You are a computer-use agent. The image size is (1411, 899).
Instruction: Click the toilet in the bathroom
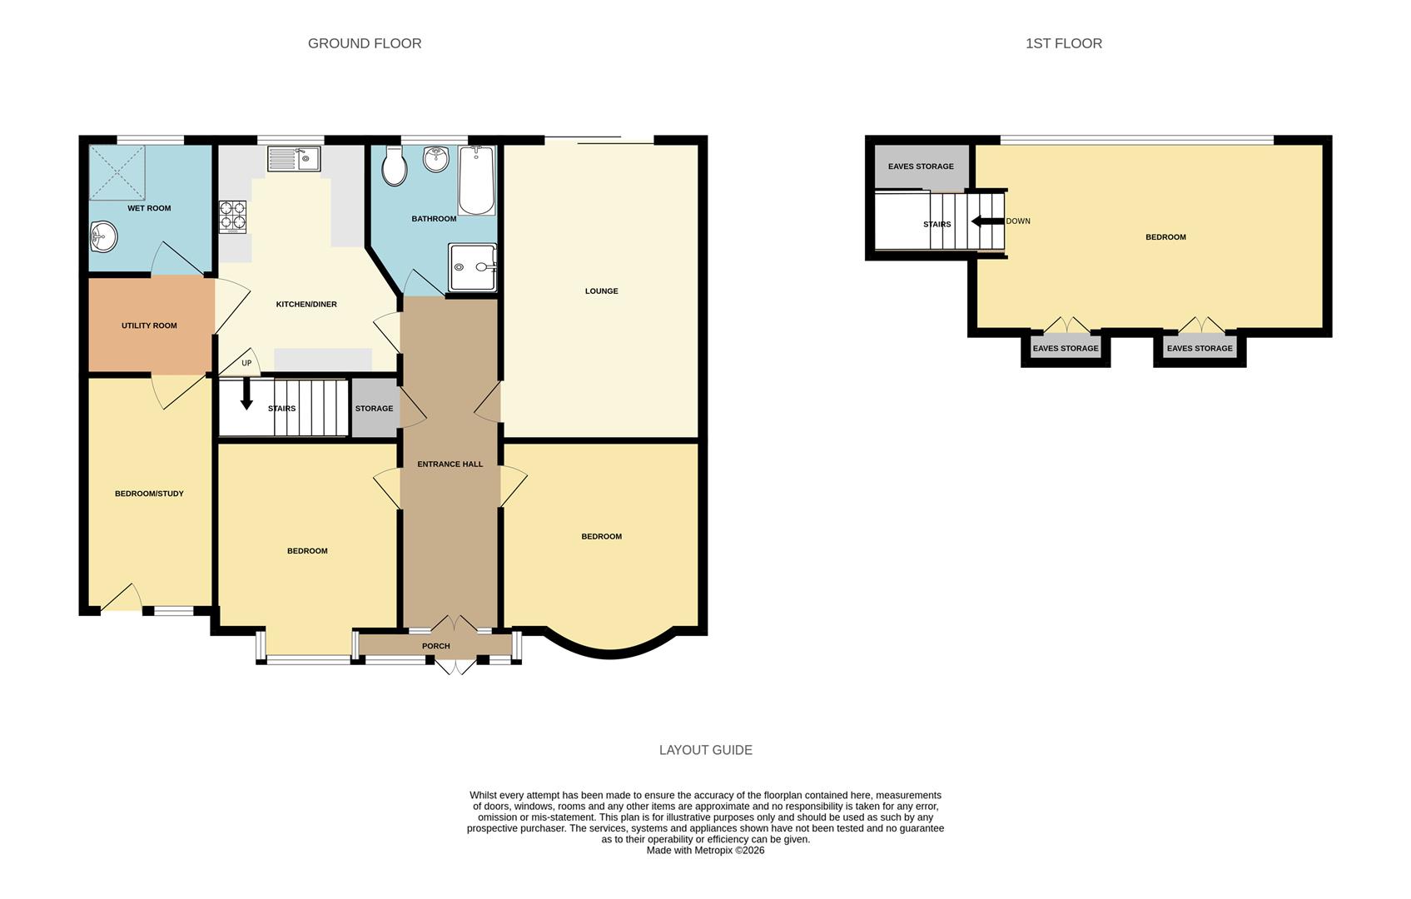coord(394,166)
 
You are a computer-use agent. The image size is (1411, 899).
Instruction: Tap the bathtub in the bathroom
coord(477,181)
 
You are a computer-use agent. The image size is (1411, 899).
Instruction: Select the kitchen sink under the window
coord(293,158)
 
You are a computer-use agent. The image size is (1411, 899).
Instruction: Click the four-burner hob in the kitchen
coord(233,216)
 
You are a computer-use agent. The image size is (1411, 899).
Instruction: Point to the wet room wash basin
coord(103,237)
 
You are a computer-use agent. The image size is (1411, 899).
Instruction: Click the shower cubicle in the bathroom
coord(472,267)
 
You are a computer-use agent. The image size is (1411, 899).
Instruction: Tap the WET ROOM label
coord(149,208)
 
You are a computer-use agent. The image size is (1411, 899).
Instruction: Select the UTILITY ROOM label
coord(149,325)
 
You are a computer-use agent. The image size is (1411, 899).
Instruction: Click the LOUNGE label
coord(601,291)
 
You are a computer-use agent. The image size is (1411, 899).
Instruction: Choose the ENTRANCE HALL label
coord(450,464)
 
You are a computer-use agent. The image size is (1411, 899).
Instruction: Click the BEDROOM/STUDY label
coord(149,494)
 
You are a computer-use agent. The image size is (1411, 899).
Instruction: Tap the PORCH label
coord(435,646)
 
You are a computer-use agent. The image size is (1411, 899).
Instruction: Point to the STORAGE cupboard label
coord(374,409)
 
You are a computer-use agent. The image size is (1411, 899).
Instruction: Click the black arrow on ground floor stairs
coord(246,395)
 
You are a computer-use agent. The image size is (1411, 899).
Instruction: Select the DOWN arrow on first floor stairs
coord(987,221)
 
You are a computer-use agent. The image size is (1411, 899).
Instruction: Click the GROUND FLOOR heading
coord(365,43)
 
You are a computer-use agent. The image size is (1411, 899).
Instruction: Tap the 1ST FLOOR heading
coord(1063,43)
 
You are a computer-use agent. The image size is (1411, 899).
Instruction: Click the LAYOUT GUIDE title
coord(705,750)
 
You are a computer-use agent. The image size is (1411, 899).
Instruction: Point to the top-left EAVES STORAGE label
coord(921,166)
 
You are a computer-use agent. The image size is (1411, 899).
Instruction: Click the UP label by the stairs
coord(246,363)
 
